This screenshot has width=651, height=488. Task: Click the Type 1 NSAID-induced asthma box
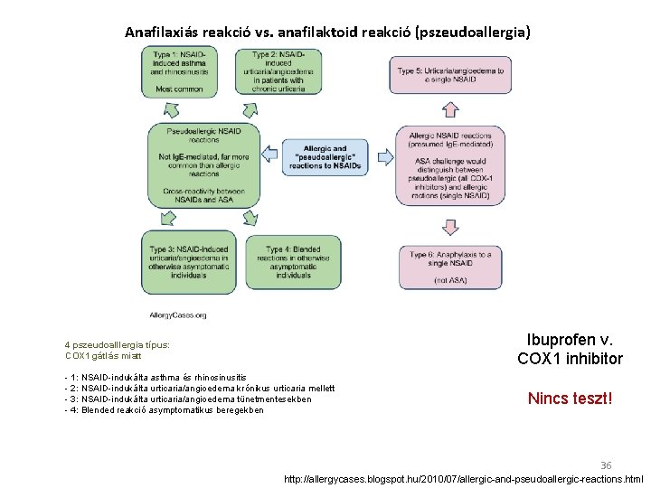pyautogui.click(x=180, y=70)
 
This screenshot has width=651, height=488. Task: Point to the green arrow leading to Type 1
pyautogui.click(x=169, y=110)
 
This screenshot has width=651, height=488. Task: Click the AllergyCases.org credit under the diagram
pyautogui.click(x=178, y=315)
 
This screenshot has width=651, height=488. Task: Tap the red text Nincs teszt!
pyautogui.click(x=571, y=398)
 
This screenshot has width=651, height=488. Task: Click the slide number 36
pyautogui.click(x=606, y=465)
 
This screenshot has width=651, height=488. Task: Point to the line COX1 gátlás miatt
pyautogui.click(x=103, y=356)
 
